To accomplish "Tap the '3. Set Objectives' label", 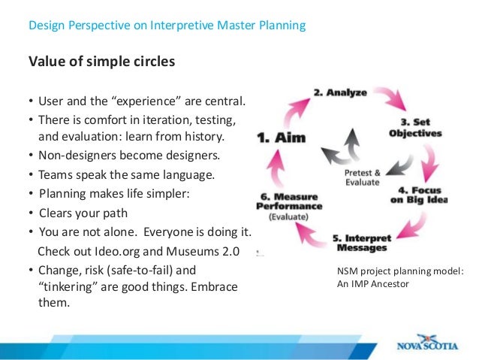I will pos(414,127).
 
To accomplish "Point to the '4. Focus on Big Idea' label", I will pos(423,195).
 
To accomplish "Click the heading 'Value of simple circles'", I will pos(101,62).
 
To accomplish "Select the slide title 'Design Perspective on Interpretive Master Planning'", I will pos(167,26).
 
